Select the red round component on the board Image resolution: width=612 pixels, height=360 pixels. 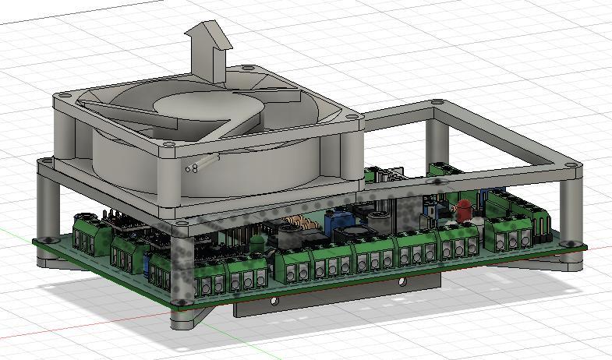pos(464,208)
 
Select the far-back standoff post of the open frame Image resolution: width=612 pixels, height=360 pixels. pos(437,132)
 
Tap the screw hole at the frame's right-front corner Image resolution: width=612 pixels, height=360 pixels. pos(573,166)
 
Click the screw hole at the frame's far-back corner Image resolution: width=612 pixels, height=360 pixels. pos(437,101)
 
